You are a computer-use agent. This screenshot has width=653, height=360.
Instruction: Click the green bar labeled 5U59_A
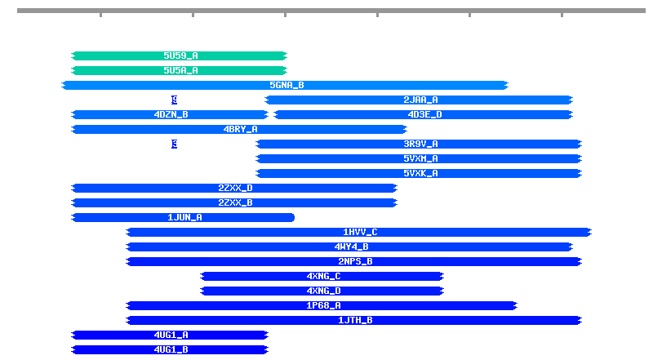click(180, 56)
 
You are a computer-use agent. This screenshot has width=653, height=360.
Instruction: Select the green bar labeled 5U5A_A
click(180, 70)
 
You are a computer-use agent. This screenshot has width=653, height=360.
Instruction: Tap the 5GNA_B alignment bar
click(286, 85)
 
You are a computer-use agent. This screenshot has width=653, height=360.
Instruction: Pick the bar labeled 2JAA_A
click(420, 100)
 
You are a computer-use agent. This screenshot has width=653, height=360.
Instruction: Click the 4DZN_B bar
click(171, 114)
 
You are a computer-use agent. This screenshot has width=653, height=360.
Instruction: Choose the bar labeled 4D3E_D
click(424, 114)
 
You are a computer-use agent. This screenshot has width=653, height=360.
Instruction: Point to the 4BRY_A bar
click(239, 129)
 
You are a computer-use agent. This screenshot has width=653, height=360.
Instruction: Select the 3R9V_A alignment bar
click(420, 144)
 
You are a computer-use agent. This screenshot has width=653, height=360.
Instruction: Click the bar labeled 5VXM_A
click(420, 158)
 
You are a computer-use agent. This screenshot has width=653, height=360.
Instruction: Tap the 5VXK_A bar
click(420, 173)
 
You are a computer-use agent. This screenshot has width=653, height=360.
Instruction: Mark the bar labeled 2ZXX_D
click(234, 188)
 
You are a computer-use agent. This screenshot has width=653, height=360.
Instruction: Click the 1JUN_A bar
click(184, 217)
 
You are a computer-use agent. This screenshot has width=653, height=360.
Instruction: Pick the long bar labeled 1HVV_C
click(359, 232)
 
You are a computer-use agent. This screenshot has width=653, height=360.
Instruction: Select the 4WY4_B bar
click(350, 247)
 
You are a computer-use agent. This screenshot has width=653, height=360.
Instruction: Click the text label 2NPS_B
click(355, 261)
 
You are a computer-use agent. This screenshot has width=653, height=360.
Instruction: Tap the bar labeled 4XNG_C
click(323, 276)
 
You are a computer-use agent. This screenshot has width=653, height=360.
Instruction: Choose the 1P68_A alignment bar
click(322, 305)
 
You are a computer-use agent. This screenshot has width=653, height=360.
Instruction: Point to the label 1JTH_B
click(355, 320)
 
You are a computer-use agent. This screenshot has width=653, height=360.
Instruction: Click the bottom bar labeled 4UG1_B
click(171, 349)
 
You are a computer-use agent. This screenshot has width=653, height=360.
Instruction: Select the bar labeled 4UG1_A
click(171, 335)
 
